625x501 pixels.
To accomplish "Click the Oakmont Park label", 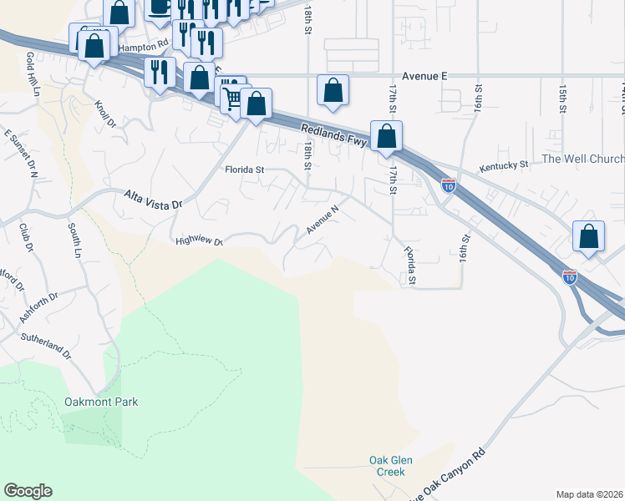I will click(100, 402).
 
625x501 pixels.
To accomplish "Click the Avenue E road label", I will click(424, 75).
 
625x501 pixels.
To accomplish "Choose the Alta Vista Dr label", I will click(153, 200).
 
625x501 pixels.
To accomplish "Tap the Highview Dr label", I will click(199, 241).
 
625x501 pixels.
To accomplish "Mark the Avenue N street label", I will click(322, 220).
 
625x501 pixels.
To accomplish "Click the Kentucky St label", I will click(504, 166).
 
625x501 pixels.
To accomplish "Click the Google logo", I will click(28, 491).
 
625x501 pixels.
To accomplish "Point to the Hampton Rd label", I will click(143, 48).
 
